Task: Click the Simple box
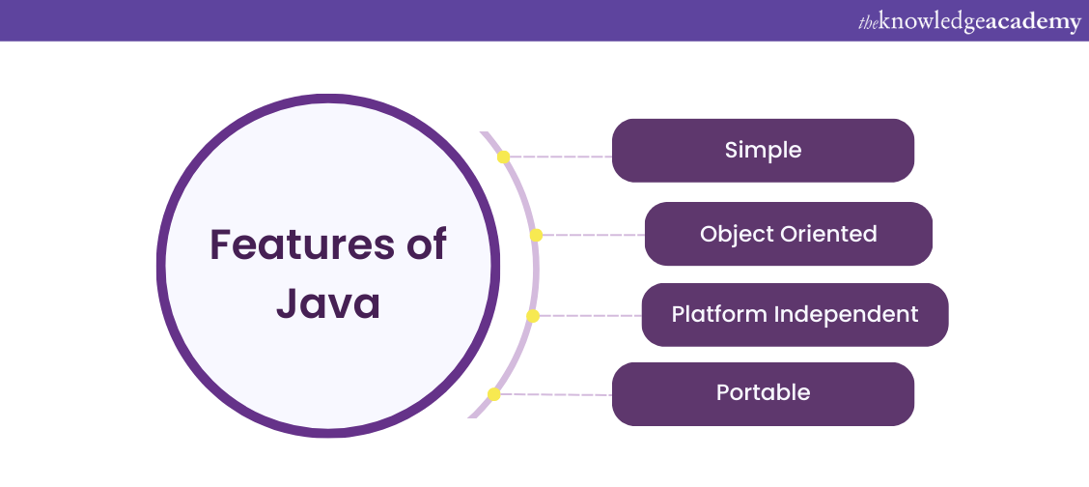(763, 151)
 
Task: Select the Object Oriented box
(788, 234)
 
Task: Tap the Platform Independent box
(795, 314)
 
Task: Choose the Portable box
(763, 393)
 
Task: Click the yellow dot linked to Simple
(503, 157)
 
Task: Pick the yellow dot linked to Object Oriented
(536, 235)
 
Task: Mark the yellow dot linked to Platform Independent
(532, 316)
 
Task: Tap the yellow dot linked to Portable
(493, 394)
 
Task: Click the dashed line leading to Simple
(560, 157)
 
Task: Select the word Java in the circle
(328, 302)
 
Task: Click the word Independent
(859, 314)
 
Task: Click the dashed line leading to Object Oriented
(591, 235)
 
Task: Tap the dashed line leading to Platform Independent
(587, 316)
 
